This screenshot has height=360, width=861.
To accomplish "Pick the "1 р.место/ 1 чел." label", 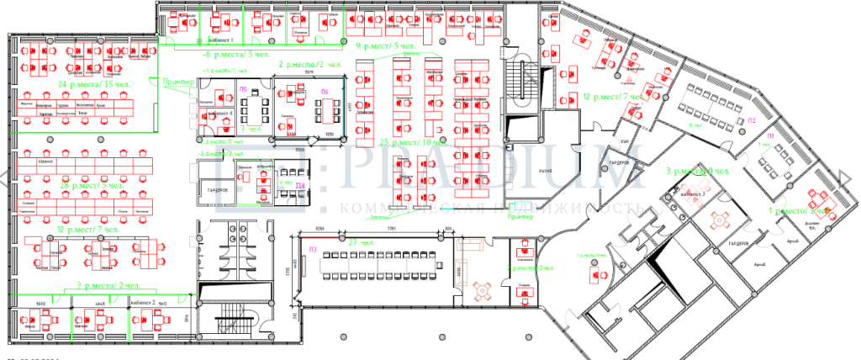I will (x=800, y=211).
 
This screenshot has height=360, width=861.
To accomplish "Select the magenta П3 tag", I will (x=312, y=249).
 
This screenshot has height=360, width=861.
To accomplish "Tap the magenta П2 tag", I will (x=752, y=120).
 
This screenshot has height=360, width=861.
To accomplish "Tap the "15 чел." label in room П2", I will (x=695, y=125).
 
